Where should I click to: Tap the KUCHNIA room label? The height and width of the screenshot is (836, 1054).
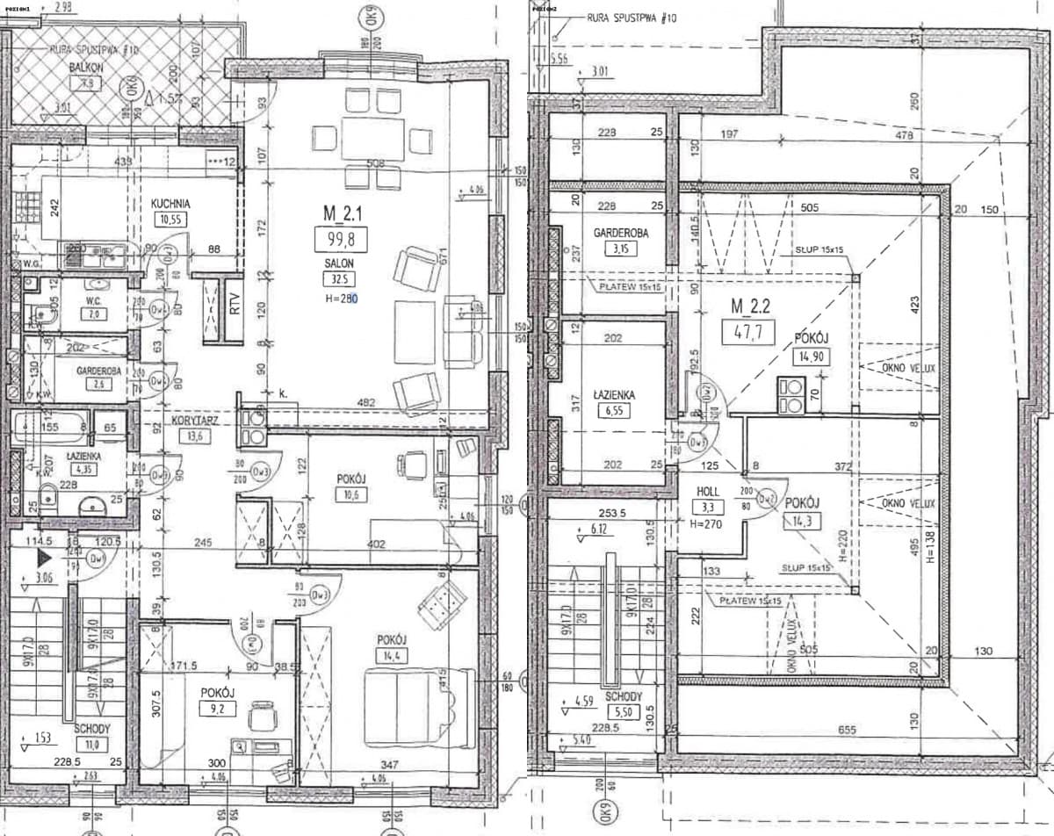tap(170, 203)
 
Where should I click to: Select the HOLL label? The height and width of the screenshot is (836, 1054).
tap(708, 493)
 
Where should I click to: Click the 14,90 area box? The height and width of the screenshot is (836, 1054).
tap(813, 357)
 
